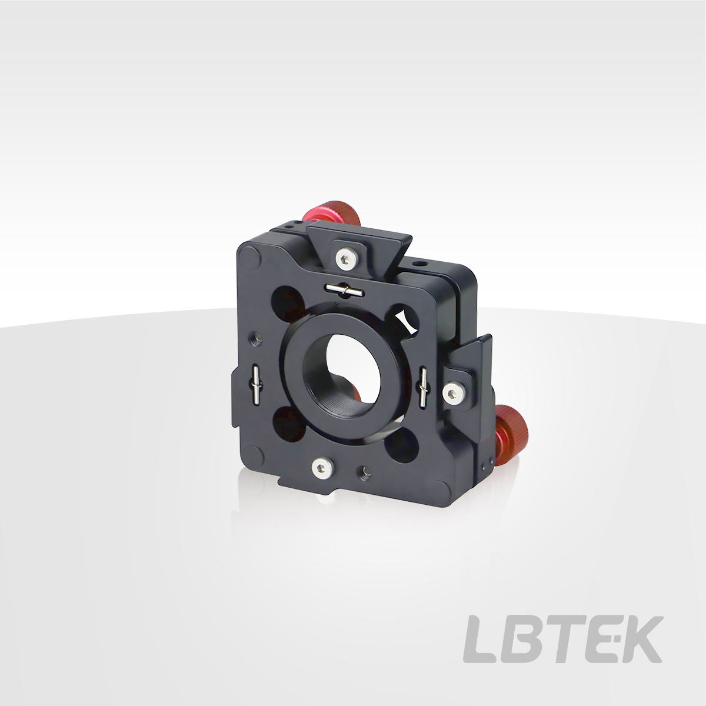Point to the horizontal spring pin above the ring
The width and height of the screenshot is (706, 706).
point(345,289)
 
